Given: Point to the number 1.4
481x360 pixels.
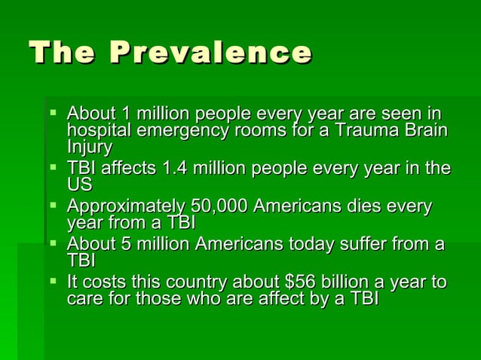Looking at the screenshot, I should coord(174,169).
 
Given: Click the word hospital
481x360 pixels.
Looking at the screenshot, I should coord(95,130).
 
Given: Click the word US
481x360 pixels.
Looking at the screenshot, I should coord(79,185).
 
